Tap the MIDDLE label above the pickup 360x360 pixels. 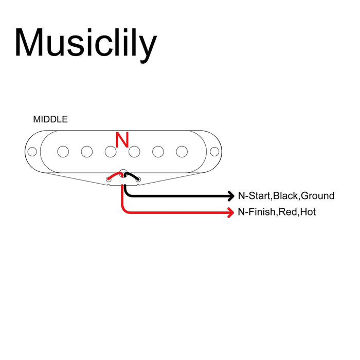[x=50, y=119]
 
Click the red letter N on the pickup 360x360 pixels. [x=122, y=140]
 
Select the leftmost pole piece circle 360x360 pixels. [x=63, y=152]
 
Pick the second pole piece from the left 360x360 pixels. [x=87, y=152]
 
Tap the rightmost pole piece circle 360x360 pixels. [x=182, y=152]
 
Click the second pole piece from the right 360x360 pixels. [x=158, y=152]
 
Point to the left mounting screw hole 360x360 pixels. [x=32, y=152]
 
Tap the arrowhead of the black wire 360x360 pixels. [x=230, y=196]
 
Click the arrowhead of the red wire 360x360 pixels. [x=230, y=212]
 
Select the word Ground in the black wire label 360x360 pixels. [x=317, y=196]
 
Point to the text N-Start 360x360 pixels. [x=254, y=196]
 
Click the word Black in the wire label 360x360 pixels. [x=286, y=196]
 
